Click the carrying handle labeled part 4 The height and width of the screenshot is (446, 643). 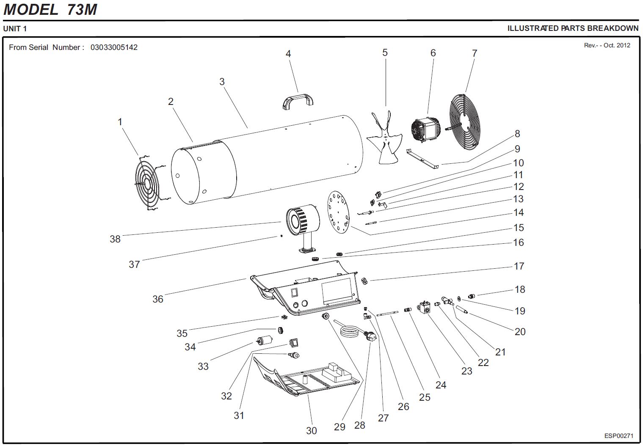pos(298,101)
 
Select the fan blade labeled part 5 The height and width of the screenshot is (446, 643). pos(385,138)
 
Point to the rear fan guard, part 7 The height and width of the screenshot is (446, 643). pos(464,122)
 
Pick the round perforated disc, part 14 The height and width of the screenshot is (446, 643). pos(339,212)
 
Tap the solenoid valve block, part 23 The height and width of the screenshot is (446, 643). pos(425,308)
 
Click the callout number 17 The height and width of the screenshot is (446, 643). pos(519,266)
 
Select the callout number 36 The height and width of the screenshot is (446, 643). pos(158,299)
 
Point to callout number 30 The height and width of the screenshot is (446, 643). pos(312,431)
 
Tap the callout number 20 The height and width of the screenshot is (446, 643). pos(520,332)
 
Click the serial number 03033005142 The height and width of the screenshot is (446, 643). pos(114,47)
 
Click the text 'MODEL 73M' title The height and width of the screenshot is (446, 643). pos(50,9)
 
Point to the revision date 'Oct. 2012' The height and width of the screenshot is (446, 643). pos(617,45)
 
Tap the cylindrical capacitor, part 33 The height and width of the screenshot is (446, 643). pos(265,341)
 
